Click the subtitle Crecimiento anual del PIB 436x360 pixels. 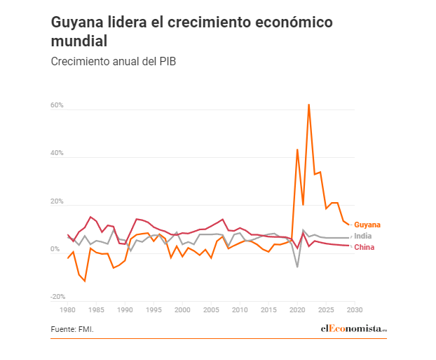tap(113, 61)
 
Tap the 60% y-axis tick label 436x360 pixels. tap(57, 105)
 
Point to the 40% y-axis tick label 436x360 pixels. tap(57, 153)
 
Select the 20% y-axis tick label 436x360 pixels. tap(57, 201)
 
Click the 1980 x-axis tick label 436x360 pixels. tap(68, 309)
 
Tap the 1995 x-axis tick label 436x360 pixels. tap(154, 309)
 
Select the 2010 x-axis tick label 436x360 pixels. tap(240, 309)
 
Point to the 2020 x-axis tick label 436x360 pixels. tap(297, 309)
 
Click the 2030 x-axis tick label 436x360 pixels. tap(355, 309)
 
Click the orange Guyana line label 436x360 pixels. tap(367, 225)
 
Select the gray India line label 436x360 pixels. tap(363, 236)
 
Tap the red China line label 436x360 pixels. tap(364, 247)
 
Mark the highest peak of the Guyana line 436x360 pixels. tap(308, 105)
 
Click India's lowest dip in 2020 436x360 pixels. tap(297, 267)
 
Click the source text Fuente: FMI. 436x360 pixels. tap(72, 329)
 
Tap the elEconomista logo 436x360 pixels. tap(353, 328)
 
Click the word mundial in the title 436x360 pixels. tap(80, 41)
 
